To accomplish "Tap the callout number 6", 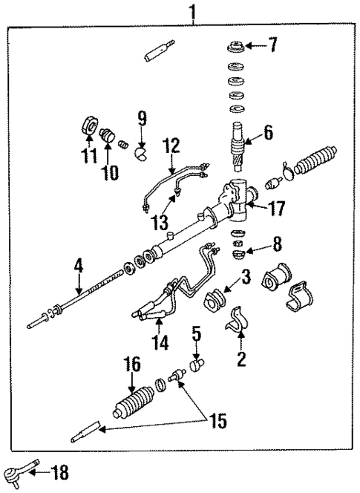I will pos(267,133).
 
